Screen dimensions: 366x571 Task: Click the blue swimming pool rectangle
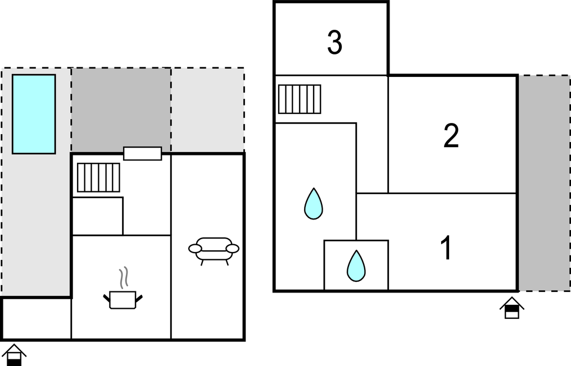(34, 114)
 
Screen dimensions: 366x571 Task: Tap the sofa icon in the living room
(214, 249)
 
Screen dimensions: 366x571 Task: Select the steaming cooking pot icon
(123, 299)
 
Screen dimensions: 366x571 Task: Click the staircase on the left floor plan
(98, 177)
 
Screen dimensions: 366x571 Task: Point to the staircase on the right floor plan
(300, 99)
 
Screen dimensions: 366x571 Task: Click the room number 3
(335, 43)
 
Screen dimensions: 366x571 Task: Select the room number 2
(451, 136)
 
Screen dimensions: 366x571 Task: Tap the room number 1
(447, 249)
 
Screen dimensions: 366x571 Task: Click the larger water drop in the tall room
(314, 204)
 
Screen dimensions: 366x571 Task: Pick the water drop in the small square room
(356, 266)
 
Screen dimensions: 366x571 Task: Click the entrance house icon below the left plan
(14, 355)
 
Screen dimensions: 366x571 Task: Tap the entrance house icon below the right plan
(511, 308)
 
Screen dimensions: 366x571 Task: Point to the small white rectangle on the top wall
(143, 153)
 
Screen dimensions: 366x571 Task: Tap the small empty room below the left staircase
(98, 216)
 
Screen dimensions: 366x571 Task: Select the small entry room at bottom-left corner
(36, 318)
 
